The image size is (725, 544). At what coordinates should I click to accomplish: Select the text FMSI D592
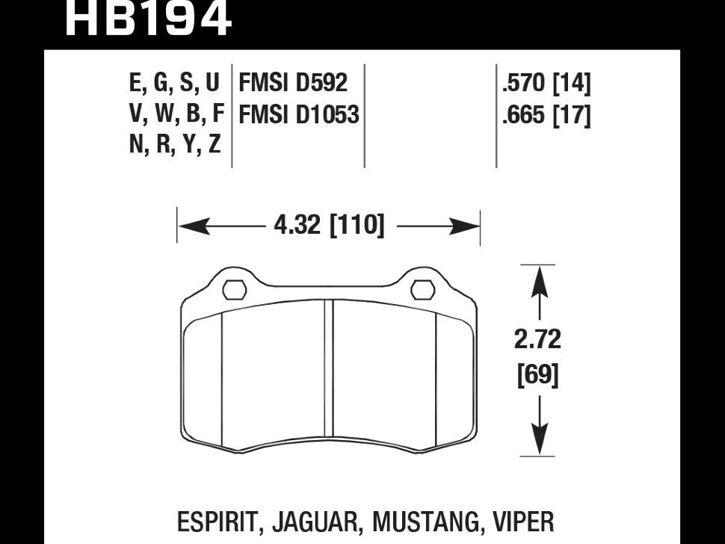click(292, 82)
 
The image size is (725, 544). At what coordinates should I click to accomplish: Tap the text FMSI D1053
click(298, 114)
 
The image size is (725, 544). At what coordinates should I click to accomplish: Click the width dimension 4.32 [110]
click(329, 224)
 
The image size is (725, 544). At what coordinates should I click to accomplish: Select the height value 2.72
click(538, 340)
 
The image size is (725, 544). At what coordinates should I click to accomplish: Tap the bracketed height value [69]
click(538, 374)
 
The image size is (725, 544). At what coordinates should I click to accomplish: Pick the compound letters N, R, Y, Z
click(175, 144)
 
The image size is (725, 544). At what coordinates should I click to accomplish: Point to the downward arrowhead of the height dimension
click(538, 441)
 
